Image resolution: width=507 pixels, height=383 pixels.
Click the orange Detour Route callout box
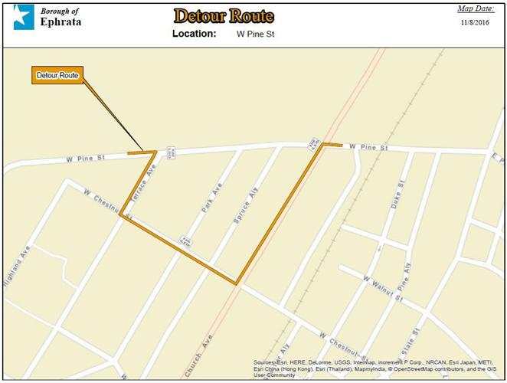click(57, 76)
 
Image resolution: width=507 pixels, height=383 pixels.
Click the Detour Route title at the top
click(223, 16)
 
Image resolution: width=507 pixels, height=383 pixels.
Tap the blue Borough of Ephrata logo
click(24, 17)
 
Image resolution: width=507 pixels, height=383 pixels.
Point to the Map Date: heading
click(476, 9)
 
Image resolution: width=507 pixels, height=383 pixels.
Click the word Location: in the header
click(194, 34)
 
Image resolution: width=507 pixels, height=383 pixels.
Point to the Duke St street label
click(397, 195)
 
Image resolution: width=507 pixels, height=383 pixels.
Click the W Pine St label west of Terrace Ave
click(85, 158)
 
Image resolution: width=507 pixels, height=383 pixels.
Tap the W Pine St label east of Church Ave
click(369, 146)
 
